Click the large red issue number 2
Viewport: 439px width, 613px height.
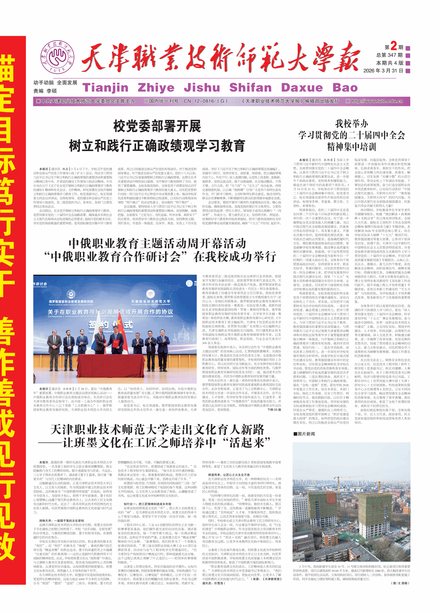(x=394, y=46)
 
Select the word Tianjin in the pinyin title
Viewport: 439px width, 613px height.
(x=105, y=88)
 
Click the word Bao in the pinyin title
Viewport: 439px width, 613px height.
(x=345, y=88)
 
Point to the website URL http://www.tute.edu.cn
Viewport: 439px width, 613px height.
(x=377, y=101)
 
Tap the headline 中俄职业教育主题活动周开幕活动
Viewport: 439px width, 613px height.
(x=157, y=243)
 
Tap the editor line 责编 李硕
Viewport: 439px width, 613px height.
(x=45, y=91)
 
